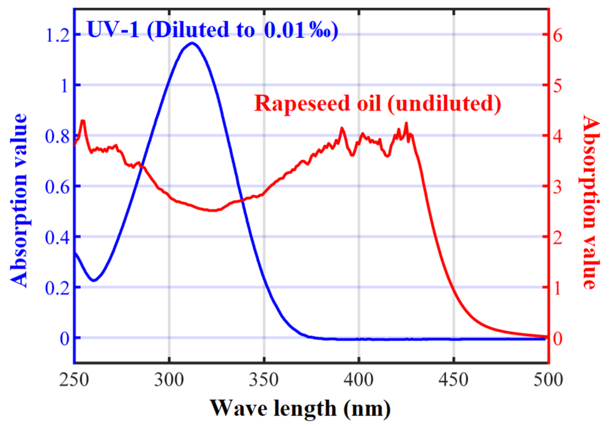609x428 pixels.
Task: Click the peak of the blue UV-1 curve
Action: click(x=192, y=43)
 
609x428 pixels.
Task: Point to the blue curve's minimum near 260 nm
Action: click(x=94, y=281)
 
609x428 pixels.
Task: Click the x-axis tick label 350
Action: click(x=264, y=380)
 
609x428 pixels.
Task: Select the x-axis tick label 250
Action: click(x=75, y=380)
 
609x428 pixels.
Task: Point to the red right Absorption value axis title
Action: click(x=590, y=202)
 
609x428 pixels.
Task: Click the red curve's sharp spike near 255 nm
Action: click(x=83, y=120)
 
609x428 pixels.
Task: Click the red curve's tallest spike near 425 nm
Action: click(x=406, y=123)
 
